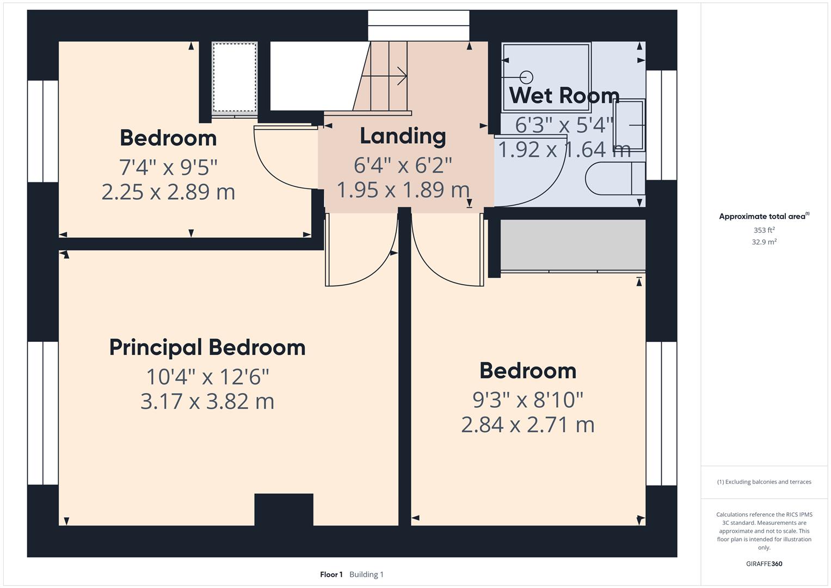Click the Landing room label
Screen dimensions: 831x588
[x=403, y=136]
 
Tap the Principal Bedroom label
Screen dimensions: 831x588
[x=207, y=348]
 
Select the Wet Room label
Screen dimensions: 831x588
[x=564, y=95]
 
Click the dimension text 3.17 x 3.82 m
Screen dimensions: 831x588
[x=207, y=401]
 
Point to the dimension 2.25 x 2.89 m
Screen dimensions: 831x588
[x=168, y=192]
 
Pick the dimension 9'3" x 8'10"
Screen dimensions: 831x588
[x=528, y=400]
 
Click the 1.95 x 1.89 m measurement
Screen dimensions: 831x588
[x=403, y=189]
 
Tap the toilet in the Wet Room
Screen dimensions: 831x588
[x=615, y=179]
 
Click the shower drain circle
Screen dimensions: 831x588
[x=526, y=77]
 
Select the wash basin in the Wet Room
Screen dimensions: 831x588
[x=630, y=125]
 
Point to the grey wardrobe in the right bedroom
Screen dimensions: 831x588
[x=573, y=245]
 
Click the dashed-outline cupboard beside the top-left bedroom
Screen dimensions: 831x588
[x=235, y=77]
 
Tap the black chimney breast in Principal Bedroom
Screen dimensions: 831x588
[x=284, y=509]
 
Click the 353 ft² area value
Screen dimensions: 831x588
[x=764, y=230]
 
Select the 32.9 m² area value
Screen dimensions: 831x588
[x=764, y=242]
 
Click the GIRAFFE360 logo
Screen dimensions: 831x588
[x=764, y=563]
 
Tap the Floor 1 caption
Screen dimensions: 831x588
[x=331, y=574]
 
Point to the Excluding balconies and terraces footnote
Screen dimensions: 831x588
[x=764, y=482]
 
